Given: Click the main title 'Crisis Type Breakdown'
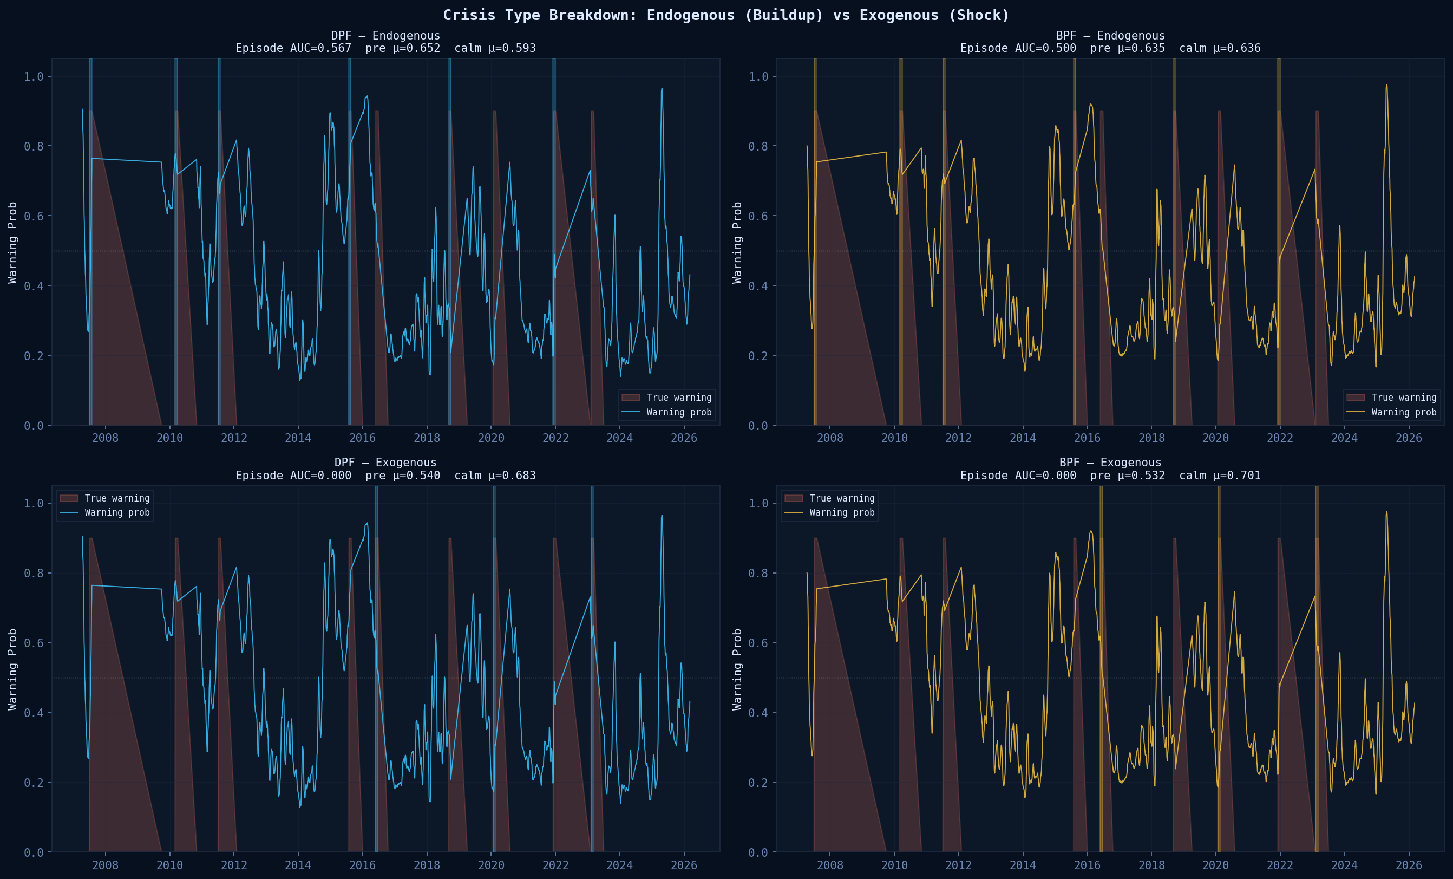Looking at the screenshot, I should click(726, 15).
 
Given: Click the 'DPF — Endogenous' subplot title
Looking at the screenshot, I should click(385, 35).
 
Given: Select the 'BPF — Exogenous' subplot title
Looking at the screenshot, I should click(1110, 463).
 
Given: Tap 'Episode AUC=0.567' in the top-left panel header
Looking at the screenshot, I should click(293, 48).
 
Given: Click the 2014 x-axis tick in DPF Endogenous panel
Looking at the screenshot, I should click(298, 438).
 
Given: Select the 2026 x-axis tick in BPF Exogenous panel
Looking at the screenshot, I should click(1408, 865).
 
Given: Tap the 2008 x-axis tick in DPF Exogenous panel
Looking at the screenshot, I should click(105, 865).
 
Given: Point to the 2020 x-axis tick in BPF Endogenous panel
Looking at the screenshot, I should click(1215, 438).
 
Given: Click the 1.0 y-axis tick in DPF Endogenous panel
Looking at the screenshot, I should click(34, 77).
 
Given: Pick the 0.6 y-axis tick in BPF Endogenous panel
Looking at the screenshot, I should click(758, 216).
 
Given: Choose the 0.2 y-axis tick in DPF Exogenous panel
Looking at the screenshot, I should click(34, 783).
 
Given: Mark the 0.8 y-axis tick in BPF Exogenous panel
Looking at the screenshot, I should click(758, 574).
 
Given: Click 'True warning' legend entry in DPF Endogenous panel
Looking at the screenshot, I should click(679, 398).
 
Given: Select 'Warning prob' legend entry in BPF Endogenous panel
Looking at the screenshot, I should click(1403, 412).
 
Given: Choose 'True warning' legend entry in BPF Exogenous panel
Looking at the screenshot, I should click(841, 498).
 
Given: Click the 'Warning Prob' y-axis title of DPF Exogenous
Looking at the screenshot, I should click(12, 669).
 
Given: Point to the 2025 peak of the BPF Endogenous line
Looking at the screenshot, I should click(1386, 86).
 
